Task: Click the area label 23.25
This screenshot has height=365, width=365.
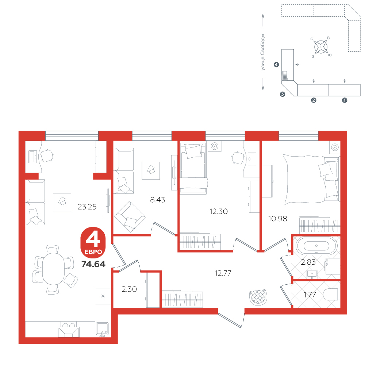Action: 87,207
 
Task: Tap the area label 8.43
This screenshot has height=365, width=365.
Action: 157,200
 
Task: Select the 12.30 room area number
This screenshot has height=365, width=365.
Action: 218,211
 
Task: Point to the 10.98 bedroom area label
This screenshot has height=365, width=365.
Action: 277,219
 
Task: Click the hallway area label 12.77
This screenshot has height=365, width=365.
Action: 223,273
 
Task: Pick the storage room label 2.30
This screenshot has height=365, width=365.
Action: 129,289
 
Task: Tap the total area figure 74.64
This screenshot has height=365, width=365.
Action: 93,264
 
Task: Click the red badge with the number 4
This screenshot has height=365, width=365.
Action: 93,243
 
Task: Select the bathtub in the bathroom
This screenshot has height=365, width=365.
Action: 316,246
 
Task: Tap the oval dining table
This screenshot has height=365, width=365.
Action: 53,269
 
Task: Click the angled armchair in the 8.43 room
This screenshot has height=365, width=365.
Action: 130,217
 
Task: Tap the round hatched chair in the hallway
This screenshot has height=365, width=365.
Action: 258,297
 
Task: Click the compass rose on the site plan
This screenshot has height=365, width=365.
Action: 321,47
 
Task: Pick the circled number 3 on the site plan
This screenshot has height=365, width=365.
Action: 283,94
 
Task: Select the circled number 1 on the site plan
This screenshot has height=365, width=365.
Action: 344,100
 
